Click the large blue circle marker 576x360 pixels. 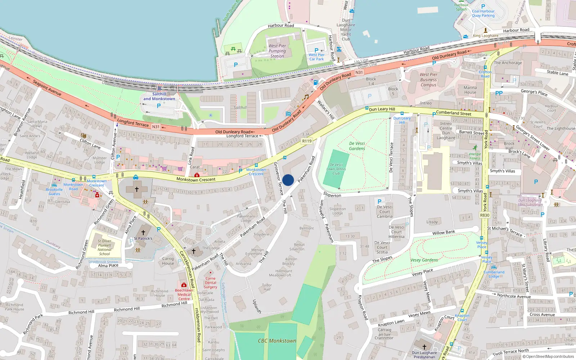pos(288,180)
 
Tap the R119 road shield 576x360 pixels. pos(307,141)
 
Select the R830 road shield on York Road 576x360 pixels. pos(485,215)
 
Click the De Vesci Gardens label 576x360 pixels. pos(357,146)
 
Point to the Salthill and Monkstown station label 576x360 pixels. pos(159,96)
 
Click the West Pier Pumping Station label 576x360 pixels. pos(277,51)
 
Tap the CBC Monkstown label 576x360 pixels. pos(277,341)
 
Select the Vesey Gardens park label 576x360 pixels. pos(424,260)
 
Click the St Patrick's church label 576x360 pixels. pos(143,238)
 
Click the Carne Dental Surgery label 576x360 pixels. pos(211,283)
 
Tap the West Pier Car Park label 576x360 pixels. pos(316,57)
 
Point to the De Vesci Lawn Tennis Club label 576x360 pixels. pos(336,169)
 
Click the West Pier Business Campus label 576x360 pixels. pos(428,80)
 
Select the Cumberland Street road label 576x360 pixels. pos(453,113)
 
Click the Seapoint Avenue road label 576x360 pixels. pos(47,87)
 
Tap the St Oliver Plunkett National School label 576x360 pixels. pos(104,247)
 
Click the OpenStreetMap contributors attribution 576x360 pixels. pos(548,356)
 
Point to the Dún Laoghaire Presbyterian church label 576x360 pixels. pos(424,355)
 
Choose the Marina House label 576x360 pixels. pos(470,90)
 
